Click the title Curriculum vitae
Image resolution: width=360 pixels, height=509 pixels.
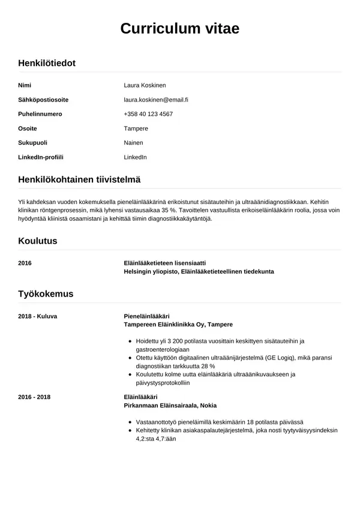click(x=180, y=29)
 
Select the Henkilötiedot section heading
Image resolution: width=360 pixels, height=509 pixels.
click(x=47, y=63)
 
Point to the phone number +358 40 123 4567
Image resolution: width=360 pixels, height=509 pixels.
click(x=148, y=114)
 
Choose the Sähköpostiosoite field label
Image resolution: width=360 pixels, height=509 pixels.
click(x=43, y=100)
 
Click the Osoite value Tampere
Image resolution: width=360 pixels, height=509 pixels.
click(x=136, y=128)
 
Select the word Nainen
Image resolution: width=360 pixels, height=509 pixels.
click(x=133, y=143)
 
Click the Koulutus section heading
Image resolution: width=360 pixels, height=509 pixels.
click(x=38, y=241)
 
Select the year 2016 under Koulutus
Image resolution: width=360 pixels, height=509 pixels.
click(x=25, y=263)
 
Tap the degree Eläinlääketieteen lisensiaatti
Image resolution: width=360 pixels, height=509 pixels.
click(x=164, y=263)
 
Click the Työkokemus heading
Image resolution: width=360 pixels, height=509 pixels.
click(x=46, y=294)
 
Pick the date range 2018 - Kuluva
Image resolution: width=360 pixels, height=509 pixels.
click(x=38, y=316)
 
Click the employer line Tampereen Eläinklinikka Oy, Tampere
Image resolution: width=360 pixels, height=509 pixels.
click(x=178, y=324)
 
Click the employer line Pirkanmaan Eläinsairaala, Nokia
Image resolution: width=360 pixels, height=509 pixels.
click(x=170, y=405)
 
